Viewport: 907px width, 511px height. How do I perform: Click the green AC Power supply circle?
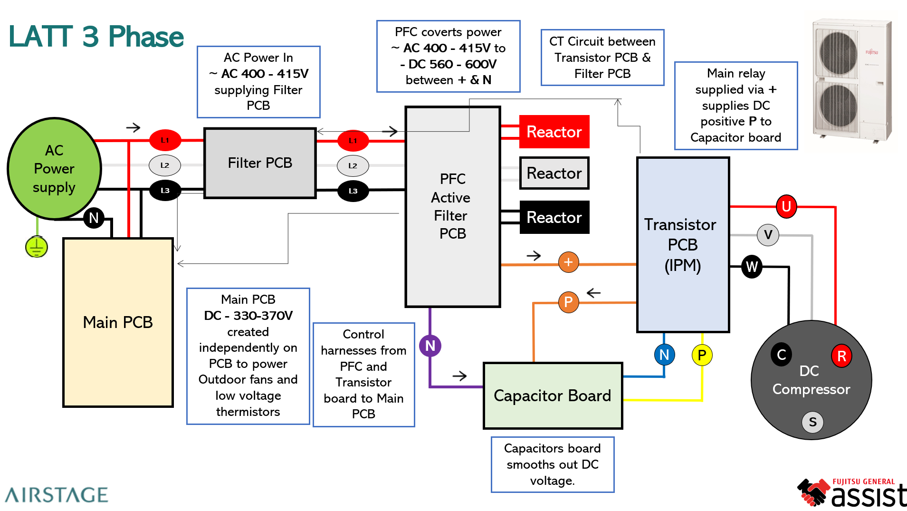click(x=54, y=169)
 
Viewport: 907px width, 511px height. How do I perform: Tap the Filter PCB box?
click(x=260, y=163)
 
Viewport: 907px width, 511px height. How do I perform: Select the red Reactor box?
click(x=554, y=132)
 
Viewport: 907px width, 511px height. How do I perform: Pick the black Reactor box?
click(x=554, y=217)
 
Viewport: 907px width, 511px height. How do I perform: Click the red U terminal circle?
click(x=786, y=206)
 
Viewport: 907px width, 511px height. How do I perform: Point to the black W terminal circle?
click(x=752, y=267)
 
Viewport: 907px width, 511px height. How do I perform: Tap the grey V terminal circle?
click(x=768, y=235)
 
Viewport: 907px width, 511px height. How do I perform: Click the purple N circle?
click(x=430, y=346)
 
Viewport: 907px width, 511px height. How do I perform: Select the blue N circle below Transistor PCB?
click(x=664, y=355)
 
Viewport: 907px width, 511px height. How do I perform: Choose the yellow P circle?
click(x=702, y=355)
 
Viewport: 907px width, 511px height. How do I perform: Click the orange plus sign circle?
click(x=568, y=262)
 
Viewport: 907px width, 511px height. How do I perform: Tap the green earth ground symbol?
click(x=37, y=247)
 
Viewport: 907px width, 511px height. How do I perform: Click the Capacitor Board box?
click(x=553, y=395)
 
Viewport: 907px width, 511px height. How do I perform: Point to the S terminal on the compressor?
click(x=812, y=422)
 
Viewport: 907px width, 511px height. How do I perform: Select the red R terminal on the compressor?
click(x=841, y=356)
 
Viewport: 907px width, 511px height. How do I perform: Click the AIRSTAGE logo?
click(x=57, y=495)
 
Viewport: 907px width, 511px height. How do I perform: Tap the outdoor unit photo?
click(x=852, y=81)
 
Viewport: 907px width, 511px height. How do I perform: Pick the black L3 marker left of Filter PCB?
click(x=165, y=191)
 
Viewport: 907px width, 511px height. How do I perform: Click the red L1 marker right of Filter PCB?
click(x=353, y=141)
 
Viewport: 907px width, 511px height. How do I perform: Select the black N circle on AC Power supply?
click(x=94, y=218)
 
